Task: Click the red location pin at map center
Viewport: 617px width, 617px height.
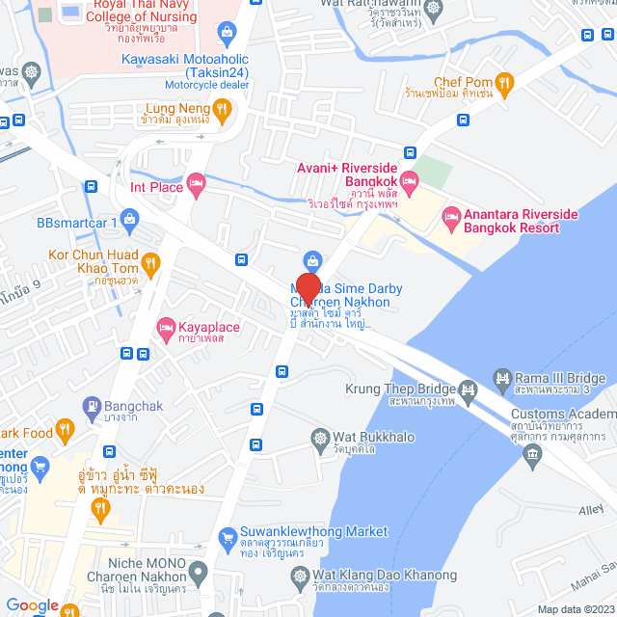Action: tap(308, 289)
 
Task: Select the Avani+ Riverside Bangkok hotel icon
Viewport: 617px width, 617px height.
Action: tap(410, 181)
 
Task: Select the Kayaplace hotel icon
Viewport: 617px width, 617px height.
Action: tap(166, 329)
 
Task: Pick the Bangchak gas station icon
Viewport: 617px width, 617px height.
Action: tap(93, 406)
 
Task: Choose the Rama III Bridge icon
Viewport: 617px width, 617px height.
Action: tap(501, 376)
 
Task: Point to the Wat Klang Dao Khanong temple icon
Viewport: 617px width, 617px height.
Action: tap(300, 576)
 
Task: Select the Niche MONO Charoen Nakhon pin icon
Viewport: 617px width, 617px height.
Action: tap(197, 576)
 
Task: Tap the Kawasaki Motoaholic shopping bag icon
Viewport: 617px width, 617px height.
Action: tap(226, 35)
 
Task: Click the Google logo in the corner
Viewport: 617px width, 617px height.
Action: tap(32, 605)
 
